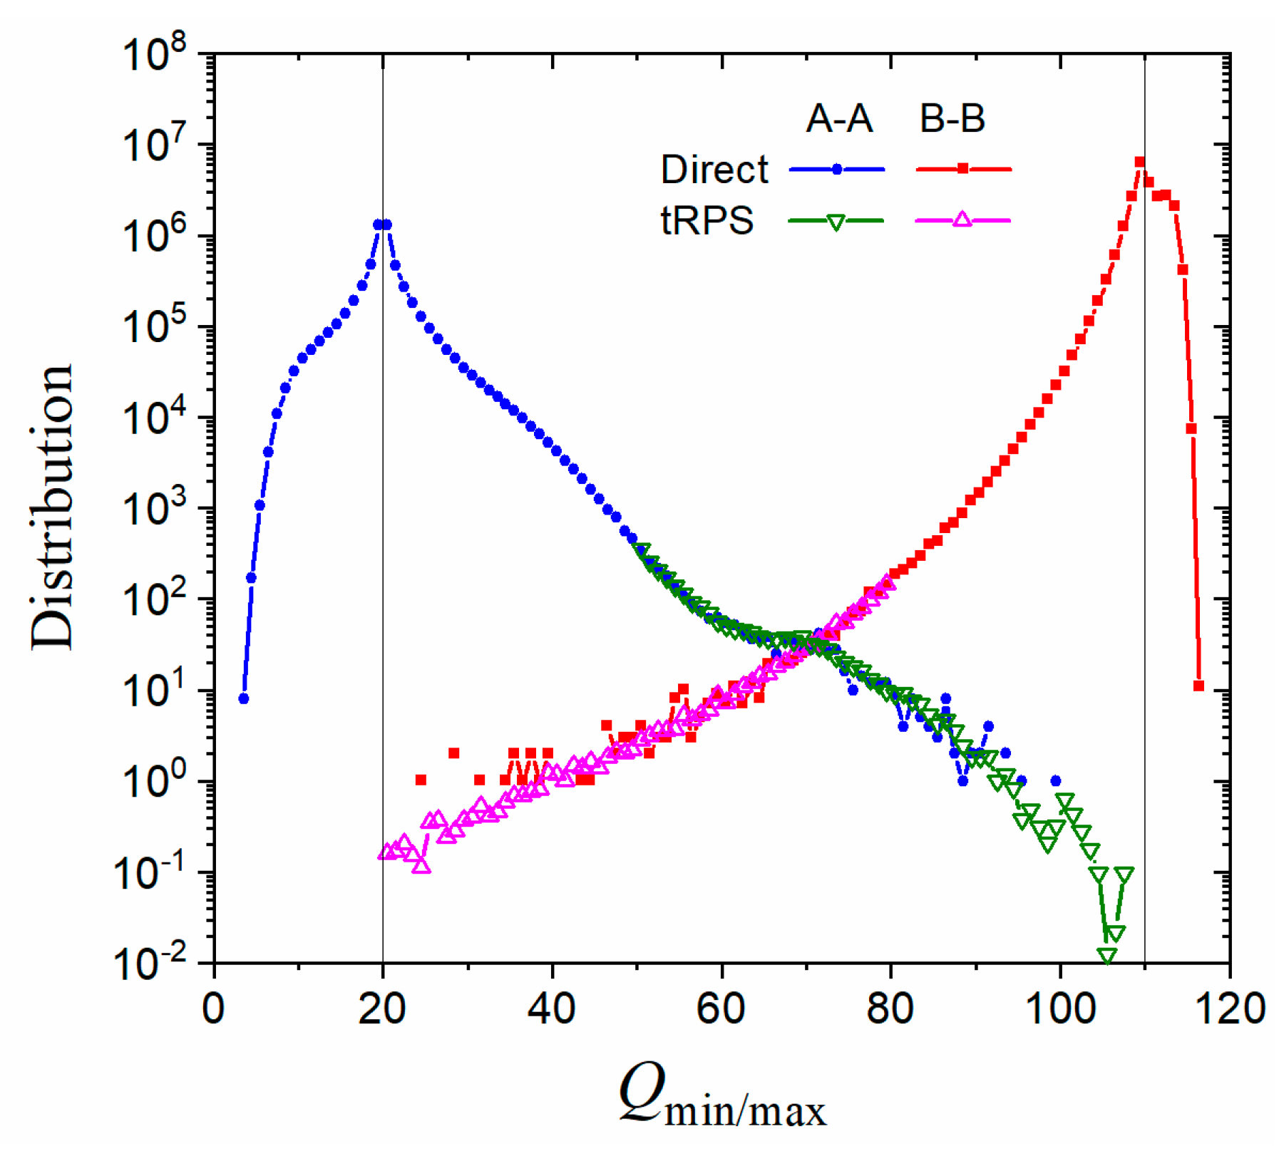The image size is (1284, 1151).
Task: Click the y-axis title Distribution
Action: (x=51, y=507)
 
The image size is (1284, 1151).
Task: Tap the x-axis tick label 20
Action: (x=383, y=1009)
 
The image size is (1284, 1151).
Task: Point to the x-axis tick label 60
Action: (x=721, y=1009)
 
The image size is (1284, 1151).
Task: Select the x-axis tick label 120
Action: (x=1229, y=1009)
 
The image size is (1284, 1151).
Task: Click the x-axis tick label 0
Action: (x=214, y=1009)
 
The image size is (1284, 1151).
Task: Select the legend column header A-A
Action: (x=839, y=118)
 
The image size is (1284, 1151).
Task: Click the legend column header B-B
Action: (x=952, y=118)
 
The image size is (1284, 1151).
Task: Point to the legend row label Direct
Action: (x=714, y=170)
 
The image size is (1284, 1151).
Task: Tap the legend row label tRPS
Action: (x=707, y=220)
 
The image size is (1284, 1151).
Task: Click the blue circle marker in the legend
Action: (x=837, y=170)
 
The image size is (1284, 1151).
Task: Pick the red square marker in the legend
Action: (x=963, y=169)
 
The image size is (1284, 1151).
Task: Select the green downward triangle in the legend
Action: (x=836, y=222)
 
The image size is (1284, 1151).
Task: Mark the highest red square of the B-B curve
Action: (x=1140, y=162)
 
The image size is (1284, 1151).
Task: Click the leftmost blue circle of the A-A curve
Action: (x=244, y=698)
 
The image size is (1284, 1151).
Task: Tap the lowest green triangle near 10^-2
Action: (x=1107, y=956)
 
